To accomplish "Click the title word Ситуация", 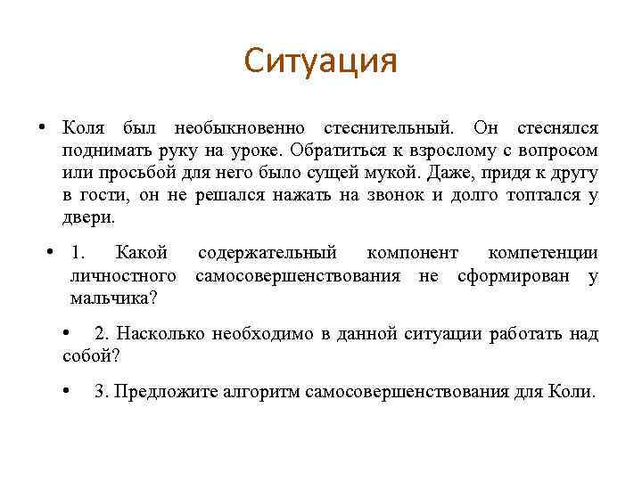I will (321, 61).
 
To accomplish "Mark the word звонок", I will (396, 194).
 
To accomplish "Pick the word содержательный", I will (266, 255).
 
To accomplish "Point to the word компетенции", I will (543, 255).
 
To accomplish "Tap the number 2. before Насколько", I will (102, 334).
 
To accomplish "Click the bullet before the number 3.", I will (69, 391).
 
